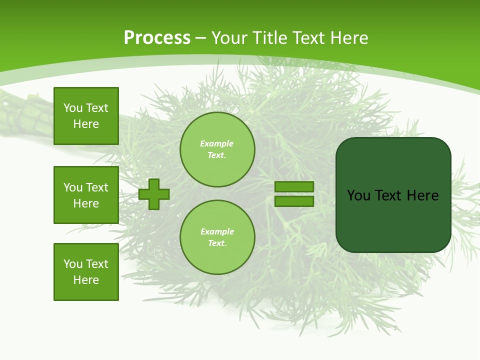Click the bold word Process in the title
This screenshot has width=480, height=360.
(157, 38)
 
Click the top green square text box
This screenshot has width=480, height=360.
(86, 116)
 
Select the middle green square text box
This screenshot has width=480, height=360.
(86, 195)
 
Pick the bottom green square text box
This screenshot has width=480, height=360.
(86, 272)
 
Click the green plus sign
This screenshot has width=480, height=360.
(154, 194)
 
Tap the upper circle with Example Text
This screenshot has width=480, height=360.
(217, 149)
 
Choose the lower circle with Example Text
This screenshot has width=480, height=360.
(217, 237)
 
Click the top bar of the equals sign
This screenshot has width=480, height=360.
(294, 187)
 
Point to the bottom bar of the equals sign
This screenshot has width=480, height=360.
(294, 201)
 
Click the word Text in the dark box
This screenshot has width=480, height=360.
(389, 195)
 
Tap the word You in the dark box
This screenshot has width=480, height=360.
(358, 195)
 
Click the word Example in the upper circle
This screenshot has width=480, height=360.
(217, 143)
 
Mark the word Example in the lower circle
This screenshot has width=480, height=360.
(217, 231)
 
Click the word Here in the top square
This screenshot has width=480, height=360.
(86, 124)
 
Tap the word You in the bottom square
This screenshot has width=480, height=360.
(73, 264)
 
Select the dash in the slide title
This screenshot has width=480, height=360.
(201, 38)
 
